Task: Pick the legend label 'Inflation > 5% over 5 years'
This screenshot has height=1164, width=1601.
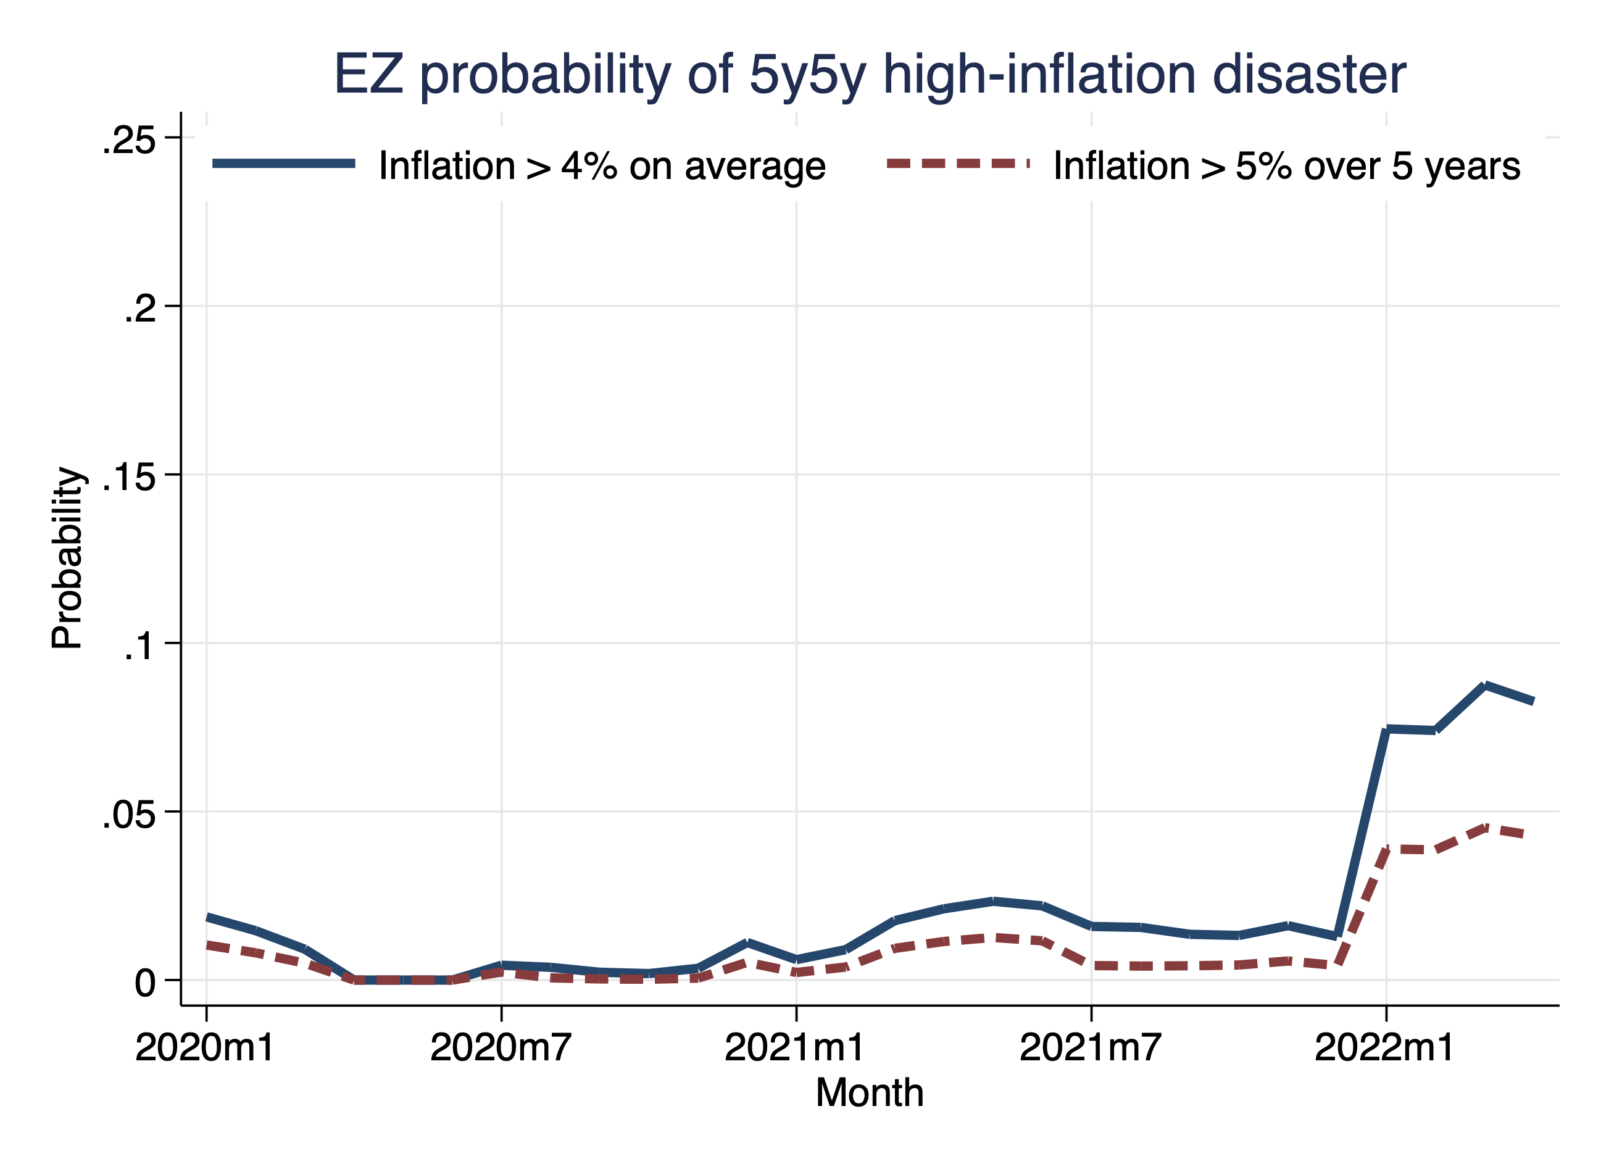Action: click(x=1286, y=167)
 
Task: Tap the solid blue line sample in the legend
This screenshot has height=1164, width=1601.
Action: click(x=284, y=164)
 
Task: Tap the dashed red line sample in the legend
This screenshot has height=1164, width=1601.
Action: click(x=958, y=164)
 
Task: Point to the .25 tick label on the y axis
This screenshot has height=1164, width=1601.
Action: click(x=128, y=139)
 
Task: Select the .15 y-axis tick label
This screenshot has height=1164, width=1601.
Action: click(x=128, y=476)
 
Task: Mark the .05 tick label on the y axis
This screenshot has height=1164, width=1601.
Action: click(x=128, y=814)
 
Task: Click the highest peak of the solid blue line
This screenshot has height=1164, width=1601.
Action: click(x=1485, y=686)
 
